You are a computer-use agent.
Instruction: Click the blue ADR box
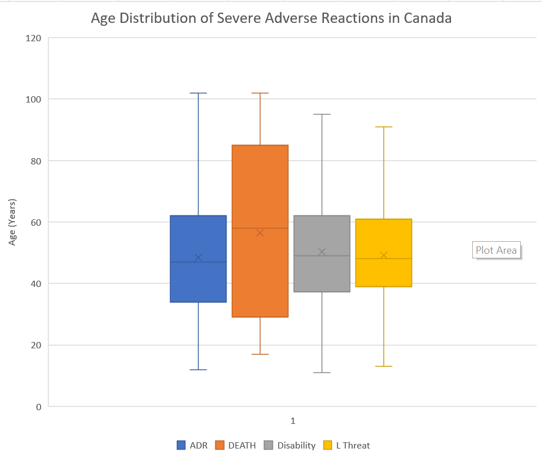(x=199, y=259)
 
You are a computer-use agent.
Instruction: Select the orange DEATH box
(x=260, y=231)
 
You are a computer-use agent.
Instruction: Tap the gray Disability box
(x=322, y=254)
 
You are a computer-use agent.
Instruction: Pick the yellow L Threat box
(x=383, y=253)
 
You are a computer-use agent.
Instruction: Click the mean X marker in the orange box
(x=260, y=233)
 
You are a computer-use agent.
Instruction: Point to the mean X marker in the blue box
(x=199, y=257)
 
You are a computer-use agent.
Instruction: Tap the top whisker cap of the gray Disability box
(x=322, y=114)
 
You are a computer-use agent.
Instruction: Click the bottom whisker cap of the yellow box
(x=383, y=366)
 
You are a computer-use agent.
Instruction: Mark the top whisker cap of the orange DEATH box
(x=260, y=93)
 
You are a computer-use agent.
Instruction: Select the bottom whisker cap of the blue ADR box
(x=199, y=370)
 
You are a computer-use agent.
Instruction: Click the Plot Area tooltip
(x=496, y=250)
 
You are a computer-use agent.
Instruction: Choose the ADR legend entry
(x=192, y=445)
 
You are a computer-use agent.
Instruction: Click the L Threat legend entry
(x=347, y=445)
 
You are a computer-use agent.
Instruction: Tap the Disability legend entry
(x=290, y=445)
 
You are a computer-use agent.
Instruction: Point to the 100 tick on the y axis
(x=33, y=100)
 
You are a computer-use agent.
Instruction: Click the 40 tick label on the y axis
(x=36, y=284)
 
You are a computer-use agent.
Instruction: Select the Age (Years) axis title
(x=13, y=222)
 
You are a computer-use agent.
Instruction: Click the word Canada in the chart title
(x=428, y=18)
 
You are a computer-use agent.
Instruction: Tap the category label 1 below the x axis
(x=293, y=421)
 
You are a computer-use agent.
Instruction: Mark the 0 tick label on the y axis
(x=39, y=407)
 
